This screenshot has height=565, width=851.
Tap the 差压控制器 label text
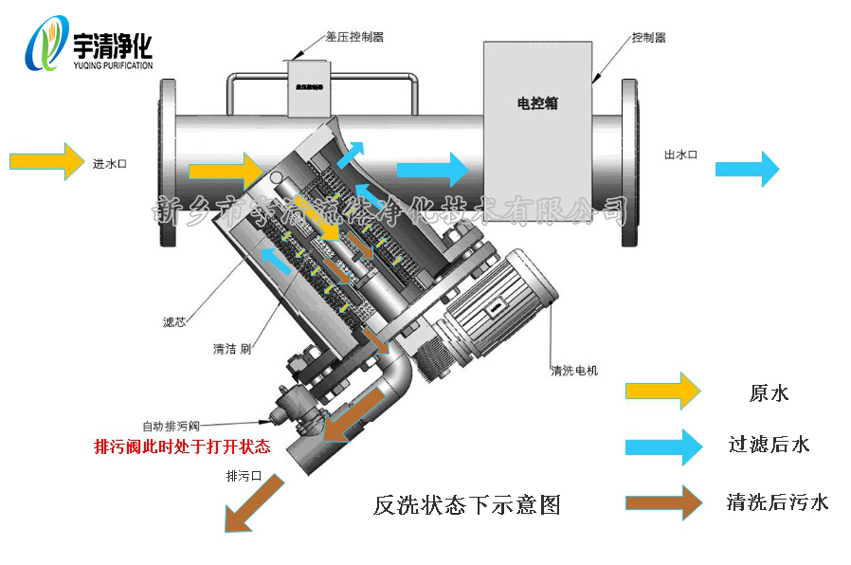354,37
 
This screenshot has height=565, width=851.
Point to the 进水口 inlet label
110,163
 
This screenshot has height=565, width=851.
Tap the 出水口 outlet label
680,155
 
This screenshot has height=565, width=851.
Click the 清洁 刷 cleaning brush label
231,349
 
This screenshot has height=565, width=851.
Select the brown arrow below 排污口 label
253,501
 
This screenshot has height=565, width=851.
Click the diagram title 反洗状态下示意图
466,505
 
